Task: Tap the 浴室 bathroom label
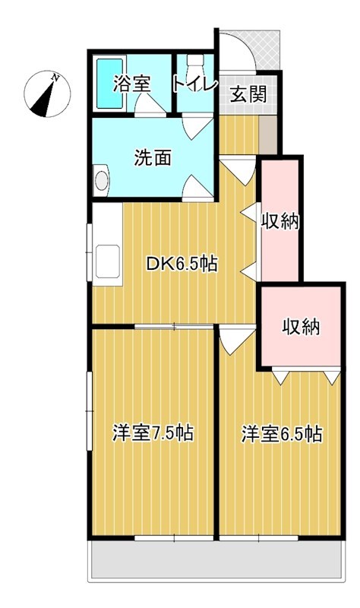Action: (x=131, y=84)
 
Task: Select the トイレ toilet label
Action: (x=195, y=83)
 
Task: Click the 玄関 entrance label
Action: (x=248, y=94)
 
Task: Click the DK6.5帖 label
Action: (x=182, y=264)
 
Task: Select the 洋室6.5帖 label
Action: (x=282, y=434)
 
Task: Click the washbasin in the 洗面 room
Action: (x=101, y=181)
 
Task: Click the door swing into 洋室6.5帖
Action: (x=236, y=338)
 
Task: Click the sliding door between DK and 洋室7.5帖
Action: (x=174, y=327)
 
